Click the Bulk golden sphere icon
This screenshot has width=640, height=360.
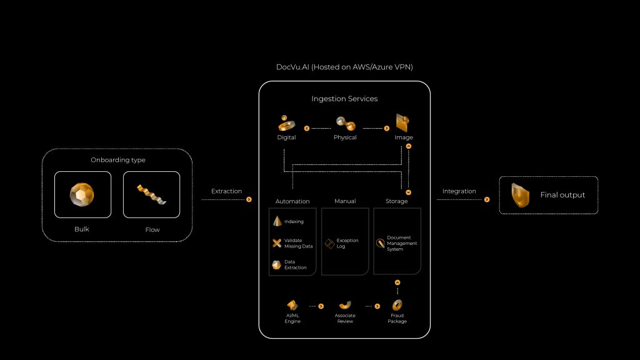[82, 194]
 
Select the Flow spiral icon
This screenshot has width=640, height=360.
[151, 194]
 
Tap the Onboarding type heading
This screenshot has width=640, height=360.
[117, 160]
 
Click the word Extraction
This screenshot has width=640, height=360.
[226, 191]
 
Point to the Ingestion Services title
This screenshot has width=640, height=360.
[344, 99]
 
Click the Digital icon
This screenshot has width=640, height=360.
[287, 122]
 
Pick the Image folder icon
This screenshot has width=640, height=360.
[403, 122]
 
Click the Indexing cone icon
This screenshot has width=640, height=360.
[277, 221]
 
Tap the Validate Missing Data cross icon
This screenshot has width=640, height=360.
[277, 243]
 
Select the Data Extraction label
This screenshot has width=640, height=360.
[296, 265]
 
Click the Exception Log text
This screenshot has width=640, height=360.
[347, 243]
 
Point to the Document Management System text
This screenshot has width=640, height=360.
[402, 243]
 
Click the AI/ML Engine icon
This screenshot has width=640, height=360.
[292, 304]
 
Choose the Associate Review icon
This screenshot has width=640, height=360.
[344, 305]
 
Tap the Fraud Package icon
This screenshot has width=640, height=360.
[397, 305]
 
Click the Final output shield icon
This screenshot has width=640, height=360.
[519, 195]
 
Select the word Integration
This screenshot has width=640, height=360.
[459, 191]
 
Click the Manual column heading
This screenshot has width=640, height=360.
[344, 201]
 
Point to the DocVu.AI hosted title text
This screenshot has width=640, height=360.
[344, 67]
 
